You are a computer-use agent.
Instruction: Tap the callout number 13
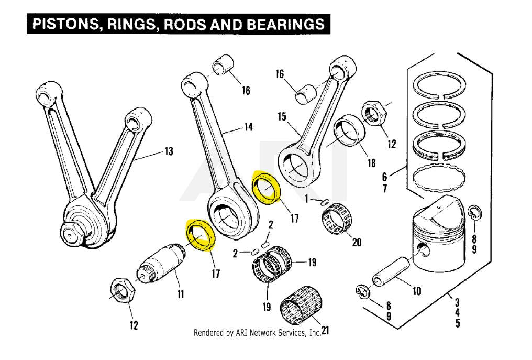pyautogui.click(x=169, y=151)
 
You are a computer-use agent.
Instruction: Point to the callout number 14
pyautogui.click(x=247, y=127)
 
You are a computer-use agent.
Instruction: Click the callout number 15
pyautogui.click(x=282, y=116)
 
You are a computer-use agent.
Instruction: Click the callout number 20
pyautogui.click(x=357, y=242)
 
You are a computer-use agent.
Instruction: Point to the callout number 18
pyautogui.click(x=371, y=163)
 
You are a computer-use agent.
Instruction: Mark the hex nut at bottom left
pyautogui.click(x=124, y=290)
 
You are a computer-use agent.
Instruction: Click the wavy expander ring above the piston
pyautogui.click(x=440, y=179)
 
